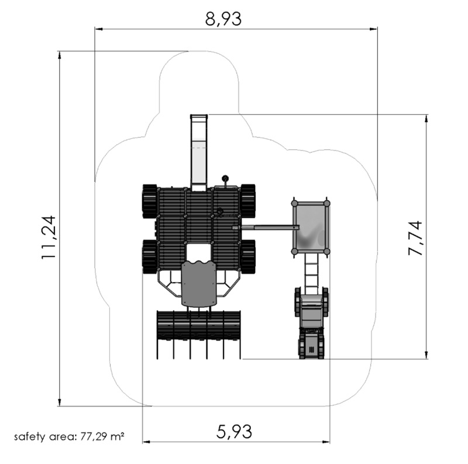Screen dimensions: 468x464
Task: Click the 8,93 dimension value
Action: tap(223, 19)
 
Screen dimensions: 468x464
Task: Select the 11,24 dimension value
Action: tap(49, 238)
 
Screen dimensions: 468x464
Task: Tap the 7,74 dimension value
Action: tap(415, 238)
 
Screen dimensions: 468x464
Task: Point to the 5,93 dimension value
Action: tap(234, 431)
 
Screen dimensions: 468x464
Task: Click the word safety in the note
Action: tap(30, 437)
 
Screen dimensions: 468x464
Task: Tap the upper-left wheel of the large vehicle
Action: tap(150, 201)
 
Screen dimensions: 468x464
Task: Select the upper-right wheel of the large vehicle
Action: tap(248, 201)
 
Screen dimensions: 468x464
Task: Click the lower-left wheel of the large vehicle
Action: tap(150, 257)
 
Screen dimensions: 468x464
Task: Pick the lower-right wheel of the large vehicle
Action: tap(248, 257)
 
